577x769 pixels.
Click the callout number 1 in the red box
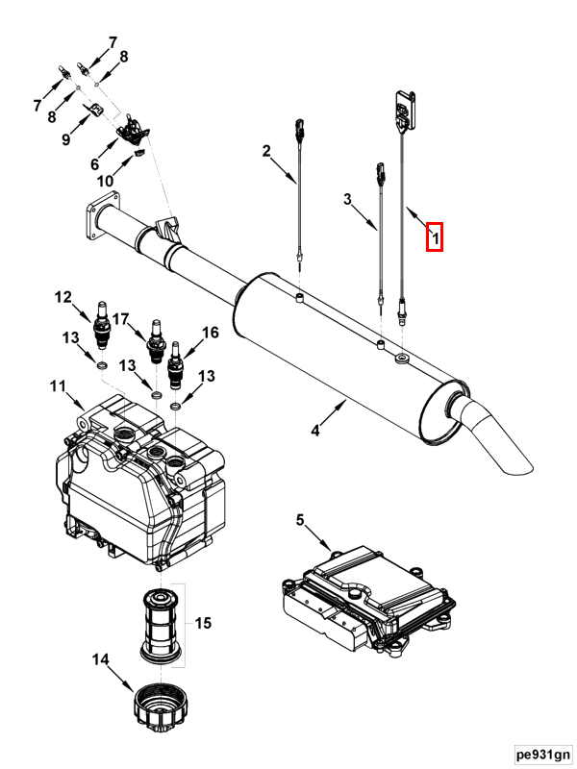click(x=435, y=237)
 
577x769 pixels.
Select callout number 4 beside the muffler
click(x=315, y=431)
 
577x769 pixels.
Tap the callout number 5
click(x=300, y=520)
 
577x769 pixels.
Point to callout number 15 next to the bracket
click(x=203, y=623)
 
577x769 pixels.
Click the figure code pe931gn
click(x=543, y=754)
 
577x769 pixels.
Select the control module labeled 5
click(x=369, y=600)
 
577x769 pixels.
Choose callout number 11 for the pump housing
click(x=58, y=387)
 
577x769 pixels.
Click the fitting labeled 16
click(x=175, y=365)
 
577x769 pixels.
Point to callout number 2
click(x=266, y=151)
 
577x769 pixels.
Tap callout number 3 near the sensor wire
click(x=347, y=200)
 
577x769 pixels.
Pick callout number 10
click(x=105, y=181)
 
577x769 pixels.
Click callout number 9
click(x=66, y=139)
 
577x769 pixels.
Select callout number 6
click(x=94, y=164)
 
